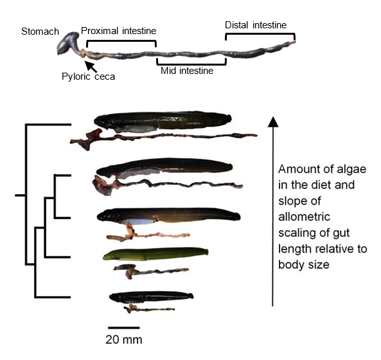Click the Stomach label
pos(40,32)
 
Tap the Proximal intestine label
pos(119,31)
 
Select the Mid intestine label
pos(187,71)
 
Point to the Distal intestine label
pos(256,25)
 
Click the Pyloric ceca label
pos(88,76)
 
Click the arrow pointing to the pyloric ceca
pos(91,67)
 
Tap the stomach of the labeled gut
pos(68,43)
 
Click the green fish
pos(155,254)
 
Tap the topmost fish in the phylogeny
pos(163,121)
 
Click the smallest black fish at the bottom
pos(151,297)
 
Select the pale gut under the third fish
pos(146,235)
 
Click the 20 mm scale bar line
pos(124,328)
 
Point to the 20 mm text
pos(124,339)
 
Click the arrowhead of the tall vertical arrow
pos(273,122)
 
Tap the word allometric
pos(304,217)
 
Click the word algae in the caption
pos(351,169)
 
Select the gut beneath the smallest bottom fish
pos(148,309)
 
